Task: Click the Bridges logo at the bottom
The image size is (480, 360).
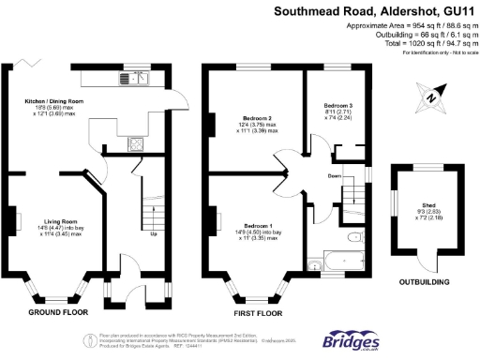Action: point(352,341)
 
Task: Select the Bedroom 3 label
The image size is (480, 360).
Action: point(337,106)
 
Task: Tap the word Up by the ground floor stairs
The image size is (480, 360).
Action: point(153,234)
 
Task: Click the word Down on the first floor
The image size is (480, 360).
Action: point(334,175)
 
